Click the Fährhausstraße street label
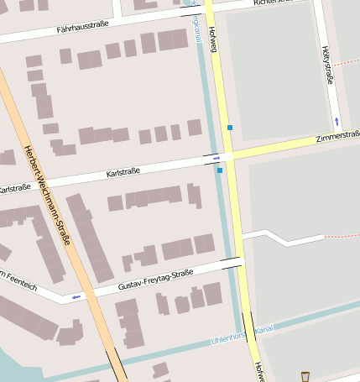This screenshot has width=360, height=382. coord(82,29)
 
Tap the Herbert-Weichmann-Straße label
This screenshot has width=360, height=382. coord(47,198)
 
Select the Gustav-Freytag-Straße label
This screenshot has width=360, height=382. coord(156,279)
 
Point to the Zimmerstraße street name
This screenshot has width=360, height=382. coord(337,137)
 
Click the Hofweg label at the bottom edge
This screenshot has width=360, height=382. coord(260,372)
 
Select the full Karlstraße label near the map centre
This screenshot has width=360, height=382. coord(123,172)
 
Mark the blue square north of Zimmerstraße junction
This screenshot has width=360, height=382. coord(229,128)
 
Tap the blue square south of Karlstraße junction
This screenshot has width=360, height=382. coord(220,170)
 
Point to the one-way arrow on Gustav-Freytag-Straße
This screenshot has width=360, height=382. coord(76,296)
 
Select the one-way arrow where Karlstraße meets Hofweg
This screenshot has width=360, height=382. coord(217,157)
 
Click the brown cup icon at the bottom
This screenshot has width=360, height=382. coord(305,376)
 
